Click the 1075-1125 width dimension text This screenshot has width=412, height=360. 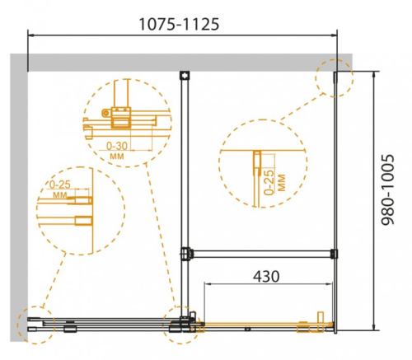pyautogui.click(x=183, y=24)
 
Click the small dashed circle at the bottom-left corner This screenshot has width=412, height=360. pyautogui.click(x=34, y=326)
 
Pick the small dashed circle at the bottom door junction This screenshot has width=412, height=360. pyautogui.click(x=182, y=326)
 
